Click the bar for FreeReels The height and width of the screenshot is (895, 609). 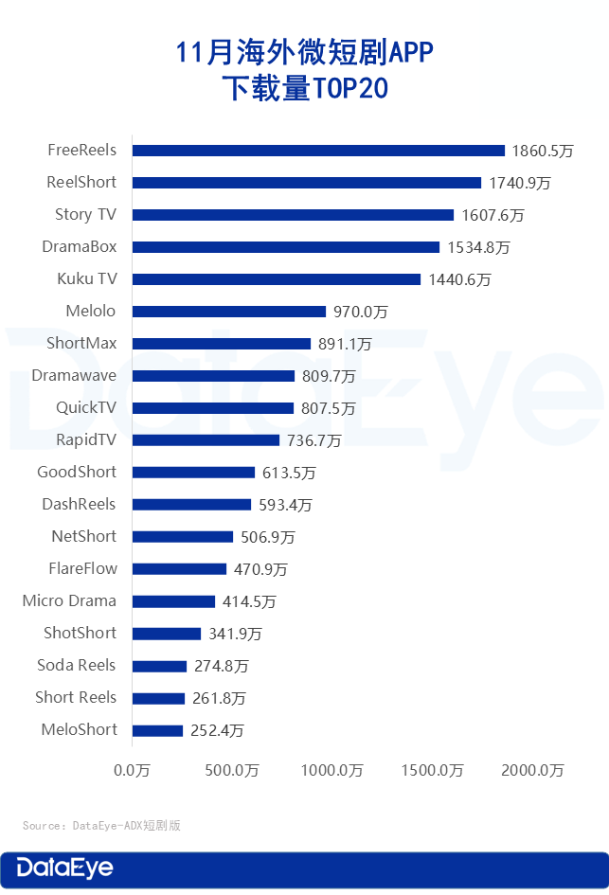(x=318, y=151)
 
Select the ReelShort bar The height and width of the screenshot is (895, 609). (x=307, y=183)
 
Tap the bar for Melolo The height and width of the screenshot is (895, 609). (x=229, y=312)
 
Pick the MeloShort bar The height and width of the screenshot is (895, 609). (x=157, y=730)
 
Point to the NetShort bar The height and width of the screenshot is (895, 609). (x=183, y=537)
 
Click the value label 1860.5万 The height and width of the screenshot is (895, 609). (x=543, y=151)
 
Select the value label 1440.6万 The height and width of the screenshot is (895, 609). (x=458, y=279)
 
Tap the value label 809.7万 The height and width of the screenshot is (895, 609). (x=329, y=376)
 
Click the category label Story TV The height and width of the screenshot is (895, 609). (x=85, y=214)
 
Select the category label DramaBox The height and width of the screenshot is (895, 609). (x=80, y=246)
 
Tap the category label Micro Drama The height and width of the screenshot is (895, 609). (x=69, y=600)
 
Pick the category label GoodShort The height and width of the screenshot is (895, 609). (x=77, y=472)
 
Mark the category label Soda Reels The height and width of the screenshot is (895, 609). (x=77, y=665)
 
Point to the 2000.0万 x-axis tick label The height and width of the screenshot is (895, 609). (x=532, y=770)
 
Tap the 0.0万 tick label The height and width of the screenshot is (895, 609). (x=132, y=770)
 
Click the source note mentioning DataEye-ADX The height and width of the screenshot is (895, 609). (x=101, y=826)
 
